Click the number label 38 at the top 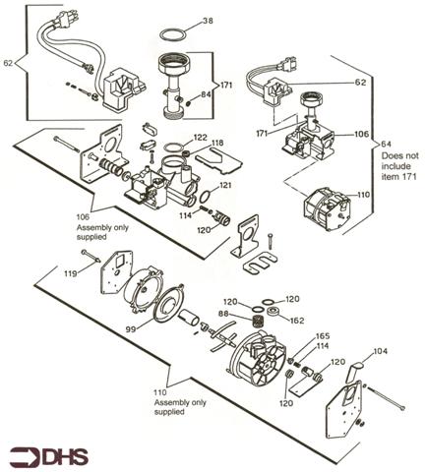(207, 21)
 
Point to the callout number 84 (205, 94)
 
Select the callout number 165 (322, 337)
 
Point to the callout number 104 (382, 350)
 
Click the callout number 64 (385, 146)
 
